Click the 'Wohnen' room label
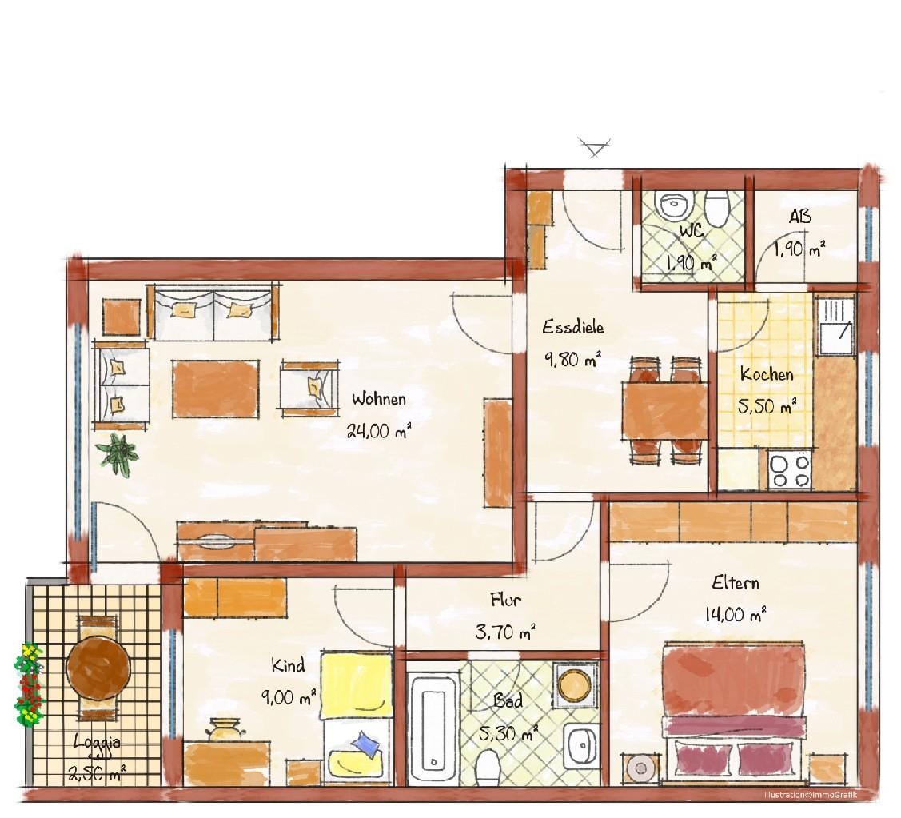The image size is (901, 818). tap(379, 398)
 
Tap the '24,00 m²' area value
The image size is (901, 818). tap(379, 430)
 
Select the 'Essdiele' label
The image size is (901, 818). tap(573, 327)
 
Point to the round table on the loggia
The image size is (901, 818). tap(98, 667)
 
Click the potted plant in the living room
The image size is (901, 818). tap(118, 453)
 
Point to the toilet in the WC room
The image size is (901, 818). tap(716, 208)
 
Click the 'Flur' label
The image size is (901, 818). tap(505, 601)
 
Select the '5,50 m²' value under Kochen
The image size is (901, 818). tap(767, 406)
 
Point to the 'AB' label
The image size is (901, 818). tap(799, 217)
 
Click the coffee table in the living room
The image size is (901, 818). tap(216, 389)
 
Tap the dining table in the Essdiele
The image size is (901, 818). tap(665, 410)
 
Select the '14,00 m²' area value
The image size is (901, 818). tap(736, 614)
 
